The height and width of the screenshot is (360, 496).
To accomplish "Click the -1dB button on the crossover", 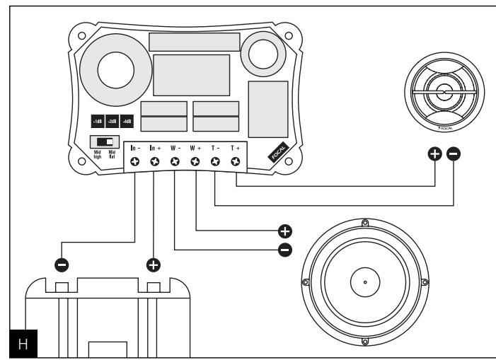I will click(96, 121).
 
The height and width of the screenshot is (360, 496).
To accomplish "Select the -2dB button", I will click(112, 121).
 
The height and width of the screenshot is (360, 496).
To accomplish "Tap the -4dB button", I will click(127, 121).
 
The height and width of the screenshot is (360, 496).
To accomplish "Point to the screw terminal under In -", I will click(135, 162).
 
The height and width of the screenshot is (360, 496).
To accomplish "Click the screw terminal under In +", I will click(155, 162).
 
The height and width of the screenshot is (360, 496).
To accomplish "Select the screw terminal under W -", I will click(175, 162).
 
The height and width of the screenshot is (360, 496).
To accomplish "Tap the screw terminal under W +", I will click(195, 162).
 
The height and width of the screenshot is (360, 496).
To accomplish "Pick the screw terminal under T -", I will click(215, 162).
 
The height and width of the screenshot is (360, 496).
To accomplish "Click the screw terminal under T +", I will click(235, 162).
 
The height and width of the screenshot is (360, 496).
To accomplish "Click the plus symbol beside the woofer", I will click(285, 231).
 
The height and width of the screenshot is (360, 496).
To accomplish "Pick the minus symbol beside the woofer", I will click(285, 249).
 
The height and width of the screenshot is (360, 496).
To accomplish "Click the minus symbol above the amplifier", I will click(62, 265).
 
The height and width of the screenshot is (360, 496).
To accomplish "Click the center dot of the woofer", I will click(364, 283).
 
